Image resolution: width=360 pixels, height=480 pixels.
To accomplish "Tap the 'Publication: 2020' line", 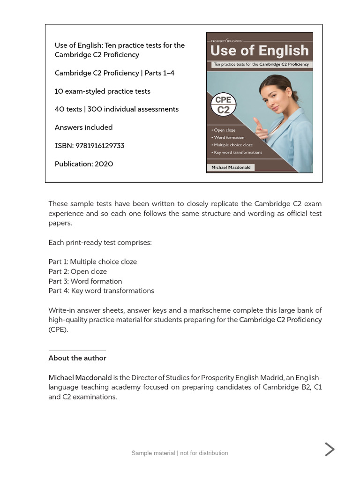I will pyautogui.click(x=83, y=164).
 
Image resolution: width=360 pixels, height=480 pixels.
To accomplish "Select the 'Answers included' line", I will pyautogui.click(x=83, y=127).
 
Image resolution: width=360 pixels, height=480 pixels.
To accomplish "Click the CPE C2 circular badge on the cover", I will pyautogui.click(x=224, y=105).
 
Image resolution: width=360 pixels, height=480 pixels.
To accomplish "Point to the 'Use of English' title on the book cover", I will pyautogui.click(x=259, y=51).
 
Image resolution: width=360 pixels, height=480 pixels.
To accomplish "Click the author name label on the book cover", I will pyautogui.click(x=231, y=167).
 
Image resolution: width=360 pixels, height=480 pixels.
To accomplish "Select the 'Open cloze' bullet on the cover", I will pyautogui.click(x=225, y=130).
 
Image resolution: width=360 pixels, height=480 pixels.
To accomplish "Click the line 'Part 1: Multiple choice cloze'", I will pyautogui.click(x=92, y=262).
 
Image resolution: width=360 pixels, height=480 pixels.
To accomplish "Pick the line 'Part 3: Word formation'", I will pyautogui.click(x=85, y=281).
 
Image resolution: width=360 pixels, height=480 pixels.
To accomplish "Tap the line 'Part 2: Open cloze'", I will pyautogui.click(x=77, y=272).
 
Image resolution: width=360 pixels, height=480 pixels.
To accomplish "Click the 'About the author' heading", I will pyautogui.click(x=77, y=358).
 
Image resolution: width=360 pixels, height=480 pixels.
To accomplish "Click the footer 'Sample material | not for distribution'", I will pyautogui.click(x=180, y=453).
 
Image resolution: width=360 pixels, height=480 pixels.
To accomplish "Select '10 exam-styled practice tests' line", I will pyautogui.click(x=102, y=91).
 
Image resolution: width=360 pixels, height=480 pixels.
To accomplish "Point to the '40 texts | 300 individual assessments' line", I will pyautogui.click(x=116, y=109).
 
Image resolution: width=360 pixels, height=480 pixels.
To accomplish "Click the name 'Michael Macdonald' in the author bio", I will pyautogui.click(x=80, y=378).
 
